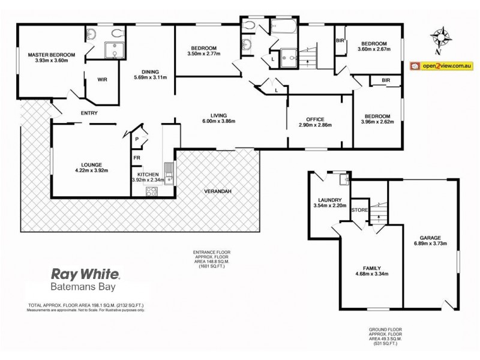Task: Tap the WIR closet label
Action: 94,78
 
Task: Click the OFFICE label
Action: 315,118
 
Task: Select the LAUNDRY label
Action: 330,200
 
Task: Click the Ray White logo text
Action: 87,275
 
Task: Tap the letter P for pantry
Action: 138,139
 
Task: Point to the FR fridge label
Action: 137,158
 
